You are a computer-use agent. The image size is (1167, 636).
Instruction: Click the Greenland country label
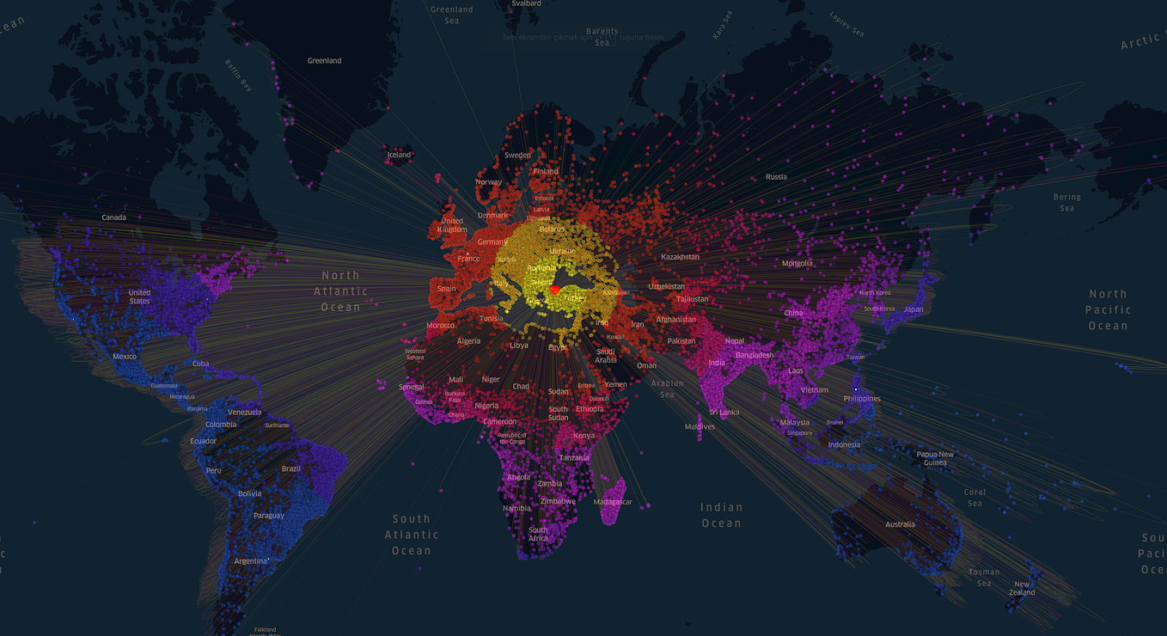tap(324, 61)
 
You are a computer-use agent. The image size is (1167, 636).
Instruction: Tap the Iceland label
tap(399, 156)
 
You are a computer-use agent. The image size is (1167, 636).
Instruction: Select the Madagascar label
tap(613, 502)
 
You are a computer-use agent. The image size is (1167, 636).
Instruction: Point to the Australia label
tap(900, 524)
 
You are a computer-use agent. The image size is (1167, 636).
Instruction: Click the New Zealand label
tap(1022, 589)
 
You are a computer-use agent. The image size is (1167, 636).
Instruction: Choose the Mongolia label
tap(797, 263)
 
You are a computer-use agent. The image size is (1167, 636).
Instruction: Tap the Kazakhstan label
tap(680, 257)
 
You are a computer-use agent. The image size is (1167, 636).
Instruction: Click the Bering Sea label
tap(1066, 203)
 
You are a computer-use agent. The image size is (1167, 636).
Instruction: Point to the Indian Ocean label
tap(721, 516)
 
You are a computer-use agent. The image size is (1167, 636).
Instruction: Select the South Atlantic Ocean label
tap(412, 535)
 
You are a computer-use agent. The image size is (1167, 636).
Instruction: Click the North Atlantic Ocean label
tap(341, 290)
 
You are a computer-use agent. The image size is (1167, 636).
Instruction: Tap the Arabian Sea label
tap(667, 388)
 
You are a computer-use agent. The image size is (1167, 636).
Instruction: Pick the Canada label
tap(113, 217)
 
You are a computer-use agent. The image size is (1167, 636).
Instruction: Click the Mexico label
tap(125, 357)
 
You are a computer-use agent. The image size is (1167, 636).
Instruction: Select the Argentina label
tap(251, 561)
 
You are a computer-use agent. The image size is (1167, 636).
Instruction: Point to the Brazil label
tap(291, 468)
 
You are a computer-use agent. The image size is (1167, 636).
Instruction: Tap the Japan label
tap(913, 309)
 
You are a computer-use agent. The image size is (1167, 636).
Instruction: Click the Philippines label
tap(862, 399)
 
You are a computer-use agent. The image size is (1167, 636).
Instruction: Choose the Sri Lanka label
tap(724, 413)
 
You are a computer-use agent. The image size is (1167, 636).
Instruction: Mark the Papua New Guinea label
tap(935, 458)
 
